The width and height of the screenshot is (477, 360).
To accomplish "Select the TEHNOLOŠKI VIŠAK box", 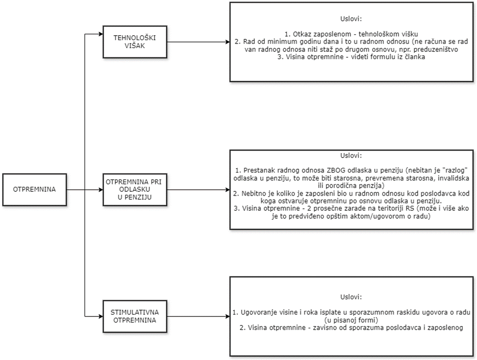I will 132,41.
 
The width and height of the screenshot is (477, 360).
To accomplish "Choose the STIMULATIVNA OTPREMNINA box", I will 132,317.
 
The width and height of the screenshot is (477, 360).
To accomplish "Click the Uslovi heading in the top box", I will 351,20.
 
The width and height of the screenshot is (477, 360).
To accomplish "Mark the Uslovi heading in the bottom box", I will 351,297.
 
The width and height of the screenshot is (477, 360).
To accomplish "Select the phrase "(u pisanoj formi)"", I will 351,319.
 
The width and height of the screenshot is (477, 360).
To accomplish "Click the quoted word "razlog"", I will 453,170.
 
